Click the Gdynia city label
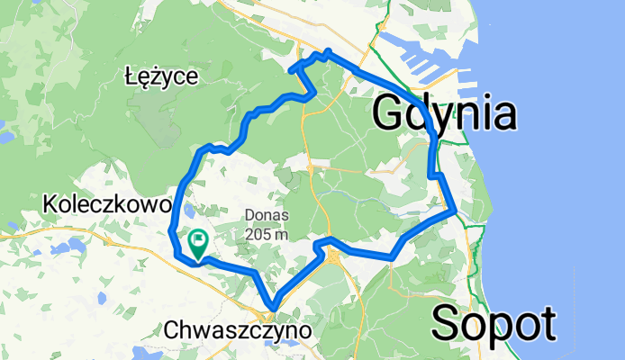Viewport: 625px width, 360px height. (x=444, y=113)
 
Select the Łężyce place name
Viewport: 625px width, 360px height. (x=161, y=77)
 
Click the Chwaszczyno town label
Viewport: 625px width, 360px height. (x=239, y=331)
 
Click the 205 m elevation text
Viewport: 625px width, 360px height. (x=266, y=233)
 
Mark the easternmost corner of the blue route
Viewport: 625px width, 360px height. (x=457, y=211)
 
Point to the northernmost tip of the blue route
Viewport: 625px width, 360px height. (x=329, y=52)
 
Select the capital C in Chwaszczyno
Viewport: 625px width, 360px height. (x=174, y=331)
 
